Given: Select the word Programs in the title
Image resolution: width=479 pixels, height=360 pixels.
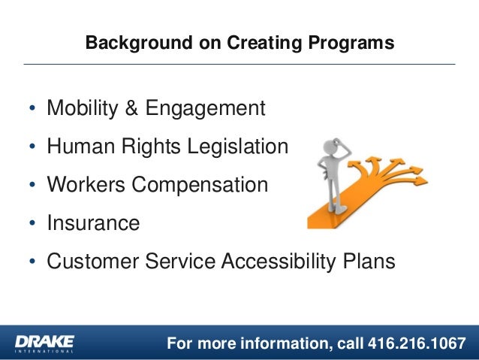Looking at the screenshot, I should (355, 44).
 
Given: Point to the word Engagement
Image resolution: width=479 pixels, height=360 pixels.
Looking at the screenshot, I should (205, 110).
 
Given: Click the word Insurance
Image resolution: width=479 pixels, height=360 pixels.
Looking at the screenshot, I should (93, 223).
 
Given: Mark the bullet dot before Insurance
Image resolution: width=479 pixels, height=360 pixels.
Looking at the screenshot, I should (32, 224).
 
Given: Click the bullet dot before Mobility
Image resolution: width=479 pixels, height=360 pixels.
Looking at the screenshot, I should (32, 110).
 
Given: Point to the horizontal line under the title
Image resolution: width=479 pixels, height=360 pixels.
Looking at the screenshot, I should (239, 65).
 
